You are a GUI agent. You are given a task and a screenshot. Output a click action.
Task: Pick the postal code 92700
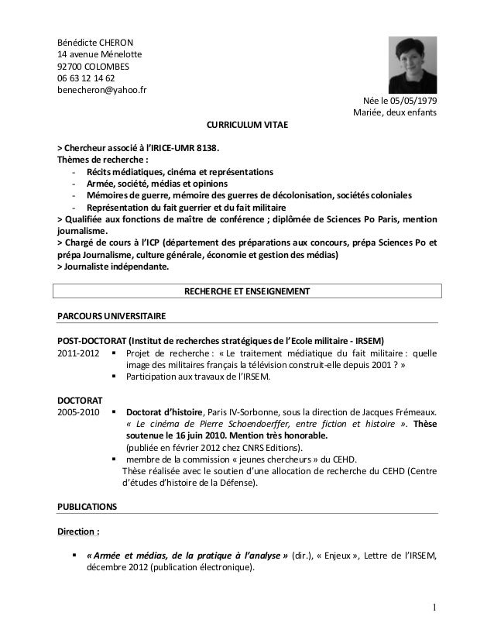[71, 66]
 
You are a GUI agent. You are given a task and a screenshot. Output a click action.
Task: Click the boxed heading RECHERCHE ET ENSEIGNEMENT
[245, 291]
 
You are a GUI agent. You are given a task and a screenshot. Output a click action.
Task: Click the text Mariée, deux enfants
[395, 114]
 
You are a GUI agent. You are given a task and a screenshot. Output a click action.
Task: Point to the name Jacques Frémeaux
[403, 412]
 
